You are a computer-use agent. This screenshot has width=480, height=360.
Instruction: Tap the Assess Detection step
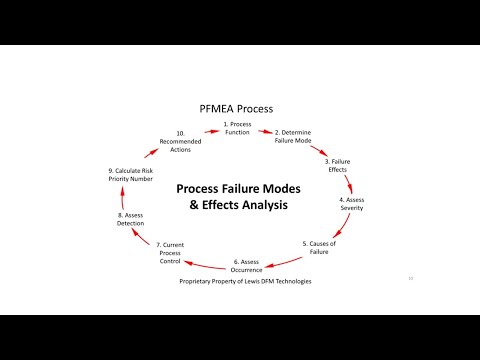pyautogui.click(x=130, y=219)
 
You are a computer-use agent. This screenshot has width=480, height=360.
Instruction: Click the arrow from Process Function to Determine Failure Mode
pyautogui.click(x=265, y=130)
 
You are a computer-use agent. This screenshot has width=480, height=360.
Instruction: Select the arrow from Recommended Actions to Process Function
pyautogui.click(x=211, y=129)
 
